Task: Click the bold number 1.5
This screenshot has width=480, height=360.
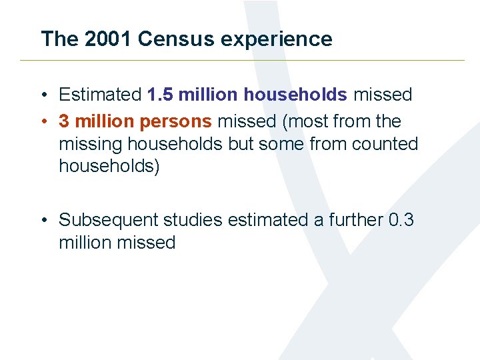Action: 159,95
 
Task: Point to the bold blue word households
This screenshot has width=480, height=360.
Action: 295,95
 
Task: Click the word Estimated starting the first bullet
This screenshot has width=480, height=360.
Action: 100,95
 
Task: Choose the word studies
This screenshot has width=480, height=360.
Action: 191,220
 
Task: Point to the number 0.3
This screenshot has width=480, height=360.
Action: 401,220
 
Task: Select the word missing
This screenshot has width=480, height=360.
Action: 92,144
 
